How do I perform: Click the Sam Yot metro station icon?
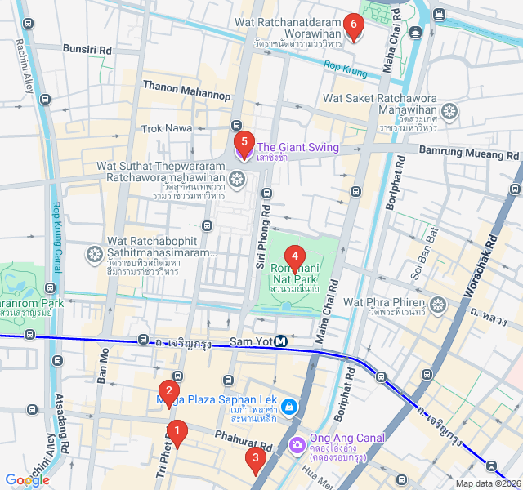(280, 341)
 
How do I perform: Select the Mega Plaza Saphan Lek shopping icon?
(288, 406)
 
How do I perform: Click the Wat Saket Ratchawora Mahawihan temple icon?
(449, 111)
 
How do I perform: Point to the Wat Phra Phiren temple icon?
(439, 305)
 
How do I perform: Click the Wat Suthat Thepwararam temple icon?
(237, 179)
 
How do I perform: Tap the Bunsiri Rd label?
(87, 50)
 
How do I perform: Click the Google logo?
(28, 480)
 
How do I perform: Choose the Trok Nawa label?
(166, 128)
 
